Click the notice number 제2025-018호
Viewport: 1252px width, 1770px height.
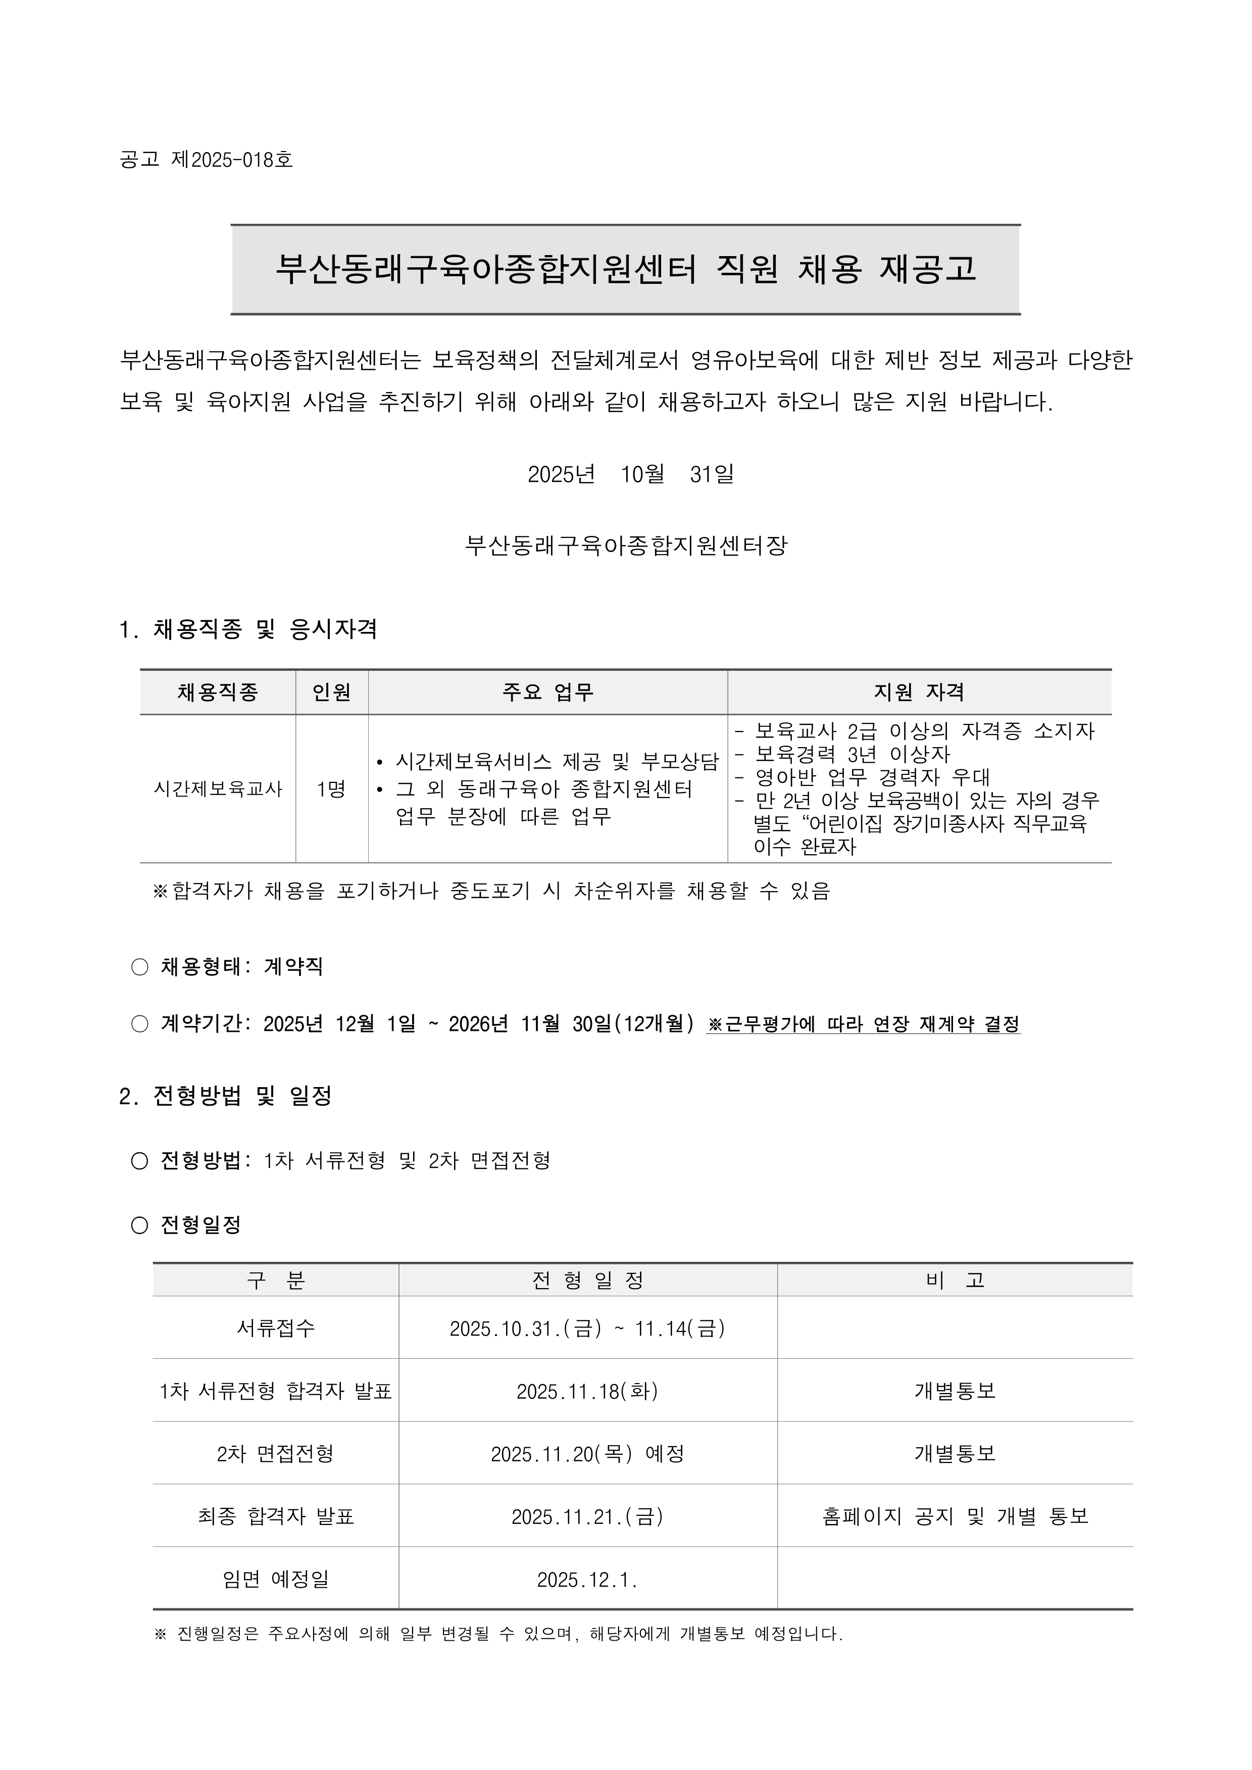[232, 160]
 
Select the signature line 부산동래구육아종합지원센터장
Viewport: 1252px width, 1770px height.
[626, 546]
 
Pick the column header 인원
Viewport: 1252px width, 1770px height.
[331, 692]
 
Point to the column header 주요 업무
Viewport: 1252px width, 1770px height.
[547, 692]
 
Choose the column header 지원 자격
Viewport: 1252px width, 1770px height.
[919, 692]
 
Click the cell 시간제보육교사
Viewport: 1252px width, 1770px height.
[218, 789]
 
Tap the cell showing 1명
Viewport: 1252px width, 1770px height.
[331, 789]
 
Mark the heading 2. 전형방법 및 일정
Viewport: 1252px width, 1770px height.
[226, 1096]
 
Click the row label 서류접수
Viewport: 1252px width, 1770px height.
[275, 1329]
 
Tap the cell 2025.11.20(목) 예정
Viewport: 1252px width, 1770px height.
[587, 1454]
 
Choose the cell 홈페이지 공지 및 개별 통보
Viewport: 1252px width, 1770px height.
[955, 1516]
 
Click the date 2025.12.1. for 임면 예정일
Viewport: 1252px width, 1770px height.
[587, 1580]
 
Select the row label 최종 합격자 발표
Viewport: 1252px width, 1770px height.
[275, 1516]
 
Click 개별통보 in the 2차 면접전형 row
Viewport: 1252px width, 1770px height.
[955, 1454]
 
